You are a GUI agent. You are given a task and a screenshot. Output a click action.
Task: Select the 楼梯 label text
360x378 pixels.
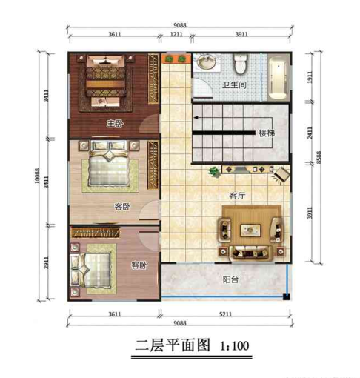pos(267,133)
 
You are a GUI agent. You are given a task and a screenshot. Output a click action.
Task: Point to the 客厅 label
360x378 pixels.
pos(236,196)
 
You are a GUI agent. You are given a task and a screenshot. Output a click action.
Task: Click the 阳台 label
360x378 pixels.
pos(230,280)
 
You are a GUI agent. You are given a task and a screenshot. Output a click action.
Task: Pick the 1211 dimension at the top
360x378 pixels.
pos(176,34)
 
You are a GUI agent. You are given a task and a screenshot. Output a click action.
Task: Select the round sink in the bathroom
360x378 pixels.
pos(206,63)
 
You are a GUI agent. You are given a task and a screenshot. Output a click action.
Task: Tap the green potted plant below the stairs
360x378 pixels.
pos(215,172)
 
